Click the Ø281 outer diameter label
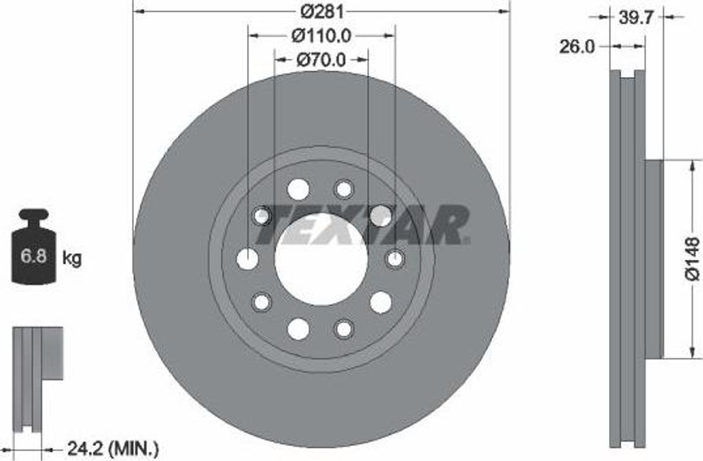click(321, 11)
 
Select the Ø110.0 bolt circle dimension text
click(321, 34)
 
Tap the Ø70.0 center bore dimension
click(321, 59)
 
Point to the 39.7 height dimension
click(635, 19)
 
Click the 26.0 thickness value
click(577, 46)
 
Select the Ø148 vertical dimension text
click(692, 259)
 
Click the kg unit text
click(71, 259)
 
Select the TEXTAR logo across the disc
click(362, 224)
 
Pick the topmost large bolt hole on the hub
click(299, 189)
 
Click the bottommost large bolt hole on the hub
click(299, 329)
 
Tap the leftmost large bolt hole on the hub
click(247, 259)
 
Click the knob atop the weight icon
click(34, 214)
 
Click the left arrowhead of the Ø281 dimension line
click(137, 11)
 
